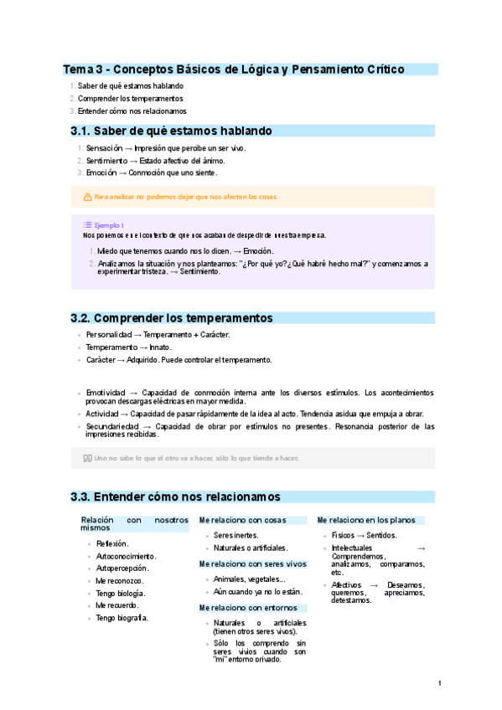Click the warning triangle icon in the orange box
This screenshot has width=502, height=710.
pyautogui.click(x=87, y=197)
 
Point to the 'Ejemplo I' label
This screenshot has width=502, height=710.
pyautogui.click(x=109, y=225)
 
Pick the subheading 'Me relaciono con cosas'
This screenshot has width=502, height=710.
pyautogui.click(x=243, y=520)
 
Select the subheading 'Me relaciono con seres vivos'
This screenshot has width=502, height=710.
pyautogui.click(x=252, y=563)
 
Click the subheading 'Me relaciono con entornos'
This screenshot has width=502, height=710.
pyautogui.click(x=247, y=607)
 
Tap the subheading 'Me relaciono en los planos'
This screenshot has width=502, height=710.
pyautogui.click(x=365, y=520)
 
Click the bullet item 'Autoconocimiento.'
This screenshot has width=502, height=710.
pyautogui.click(x=126, y=556)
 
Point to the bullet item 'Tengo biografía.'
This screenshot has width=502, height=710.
pyautogui.click(x=122, y=618)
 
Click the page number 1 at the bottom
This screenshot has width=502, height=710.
pyautogui.click(x=440, y=683)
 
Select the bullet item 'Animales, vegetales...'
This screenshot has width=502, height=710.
pyautogui.click(x=250, y=579)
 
